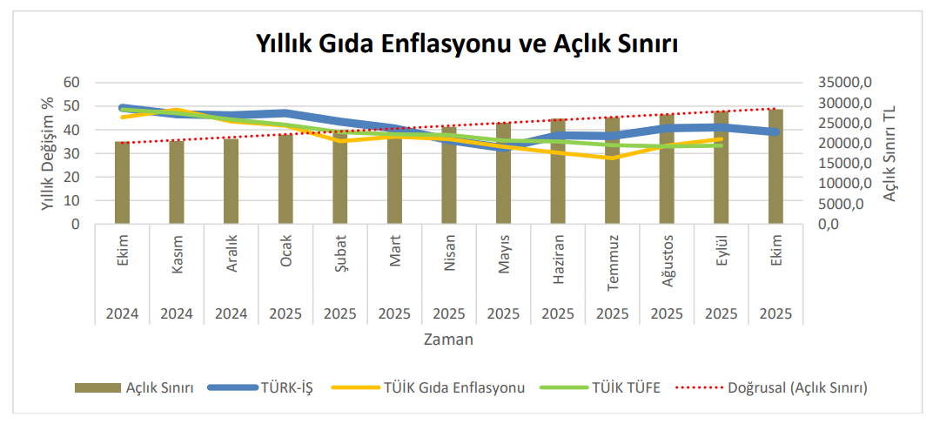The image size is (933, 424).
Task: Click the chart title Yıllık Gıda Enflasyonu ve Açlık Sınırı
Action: tap(466, 43)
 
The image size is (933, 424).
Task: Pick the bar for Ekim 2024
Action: tap(123, 185)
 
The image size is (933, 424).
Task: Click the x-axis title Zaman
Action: tap(448, 340)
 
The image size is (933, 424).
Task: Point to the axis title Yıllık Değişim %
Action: tap(48, 153)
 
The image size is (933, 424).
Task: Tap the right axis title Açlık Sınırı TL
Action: tap(889, 153)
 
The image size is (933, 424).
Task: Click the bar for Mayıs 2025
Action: tap(503, 174)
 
